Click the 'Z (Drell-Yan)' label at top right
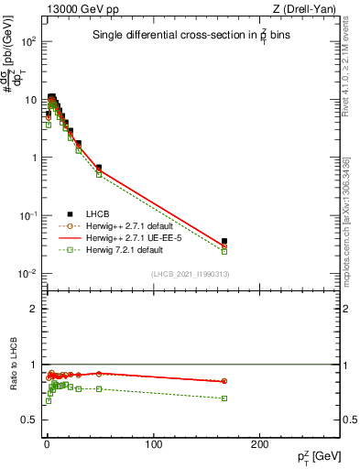click(x=305, y=10)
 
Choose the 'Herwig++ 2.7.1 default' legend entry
click(x=128, y=225)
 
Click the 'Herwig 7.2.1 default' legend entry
click(x=124, y=249)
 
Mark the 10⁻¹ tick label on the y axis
click(x=28, y=216)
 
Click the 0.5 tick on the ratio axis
click(x=30, y=420)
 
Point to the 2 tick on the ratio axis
click(x=34, y=309)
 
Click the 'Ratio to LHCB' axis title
click(x=13, y=365)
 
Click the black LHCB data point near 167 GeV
click(x=224, y=241)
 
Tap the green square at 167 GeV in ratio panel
click(x=224, y=398)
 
